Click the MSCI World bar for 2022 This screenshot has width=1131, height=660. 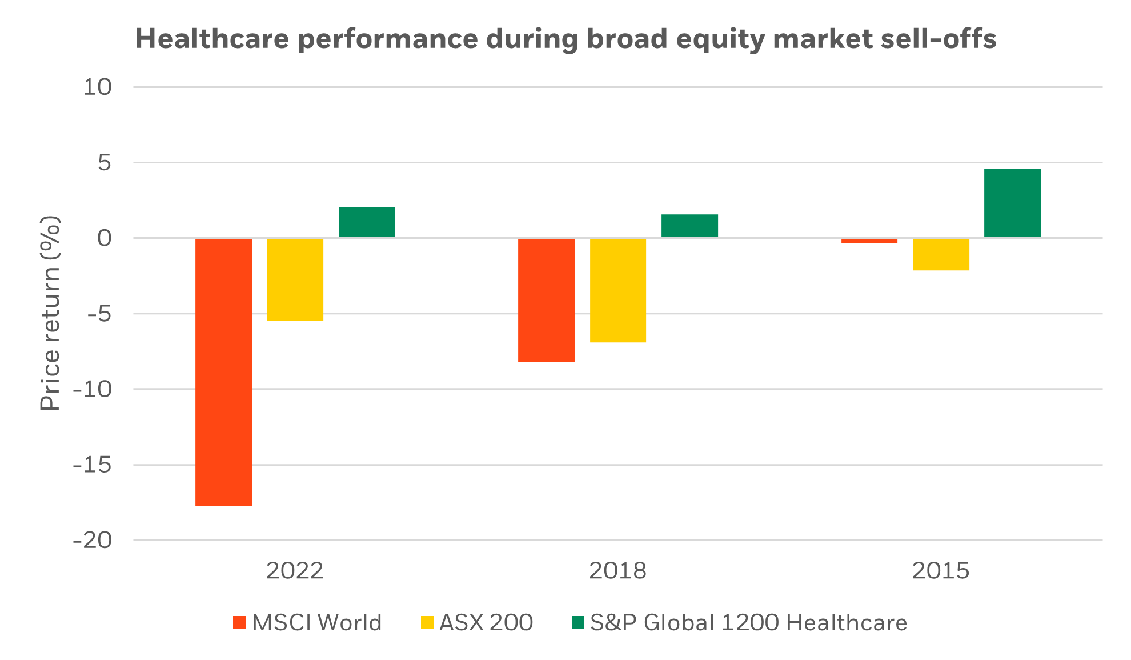[x=223, y=371]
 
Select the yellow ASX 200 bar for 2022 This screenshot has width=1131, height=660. [x=295, y=279]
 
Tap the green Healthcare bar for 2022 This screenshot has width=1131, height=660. [x=367, y=222]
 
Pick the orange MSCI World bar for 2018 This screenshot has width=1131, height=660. [x=546, y=300]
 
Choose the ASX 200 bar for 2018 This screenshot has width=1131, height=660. [x=618, y=290]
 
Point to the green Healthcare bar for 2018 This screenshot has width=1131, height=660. [x=689, y=226]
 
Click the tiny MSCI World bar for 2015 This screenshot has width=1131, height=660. [x=869, y=241]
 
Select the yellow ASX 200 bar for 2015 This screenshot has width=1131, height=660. [x=941, y=254]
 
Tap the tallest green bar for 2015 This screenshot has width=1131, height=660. [x=1012, y=203]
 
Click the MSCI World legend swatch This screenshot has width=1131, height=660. [x=239, y=623]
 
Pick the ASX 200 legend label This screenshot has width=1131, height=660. [x=486, y=622]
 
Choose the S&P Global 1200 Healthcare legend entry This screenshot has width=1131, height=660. [x=748, y=622]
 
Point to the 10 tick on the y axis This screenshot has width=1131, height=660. [x=98, y=87]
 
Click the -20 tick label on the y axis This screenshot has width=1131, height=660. [x=93, y=540]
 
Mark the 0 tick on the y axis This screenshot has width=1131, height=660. [x=105, y=238]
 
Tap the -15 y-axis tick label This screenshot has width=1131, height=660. [x=93, y=465]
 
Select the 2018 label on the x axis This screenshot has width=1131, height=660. [x=617, y=571]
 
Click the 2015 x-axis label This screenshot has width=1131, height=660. [x=941, y=571]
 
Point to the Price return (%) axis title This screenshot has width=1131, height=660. [x=50, y=313]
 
